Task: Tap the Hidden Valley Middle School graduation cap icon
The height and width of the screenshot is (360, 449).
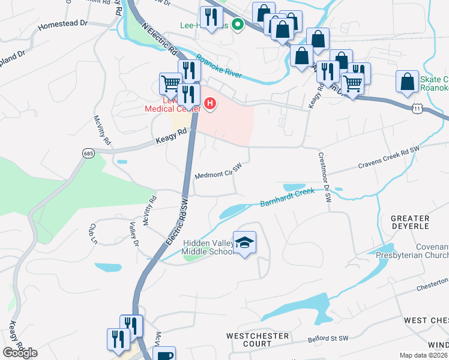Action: point(244,242)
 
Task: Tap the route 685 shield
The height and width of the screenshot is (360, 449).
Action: point(89,154)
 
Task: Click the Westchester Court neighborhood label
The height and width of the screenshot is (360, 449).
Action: point(258,340)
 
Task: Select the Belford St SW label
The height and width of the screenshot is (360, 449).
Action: point(328,339)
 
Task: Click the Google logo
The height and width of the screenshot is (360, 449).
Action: point(20,352)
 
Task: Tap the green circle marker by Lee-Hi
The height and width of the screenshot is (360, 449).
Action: point(238,25)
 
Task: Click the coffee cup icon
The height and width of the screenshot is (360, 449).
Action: point(163,355)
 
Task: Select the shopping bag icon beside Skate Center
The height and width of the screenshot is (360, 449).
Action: point(407,82)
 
